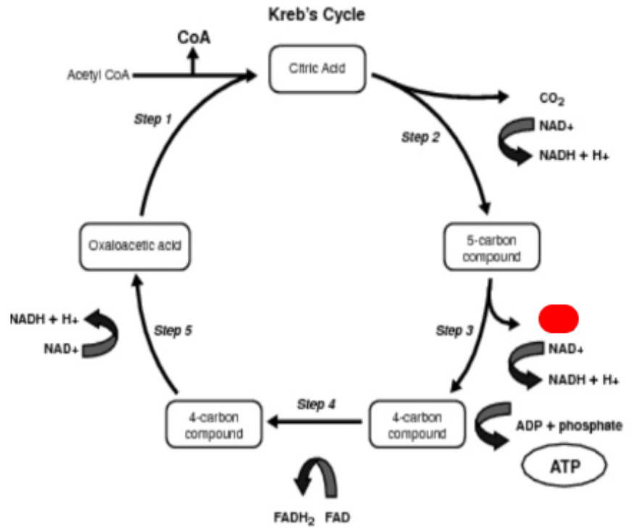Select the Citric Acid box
[317, 70]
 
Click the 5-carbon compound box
[491, 247]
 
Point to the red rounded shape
[558, 319]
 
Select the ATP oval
[566, 465]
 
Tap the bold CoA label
[194, 38]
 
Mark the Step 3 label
[454, 331]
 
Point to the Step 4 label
[317, 403]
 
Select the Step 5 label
[173, 331]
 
